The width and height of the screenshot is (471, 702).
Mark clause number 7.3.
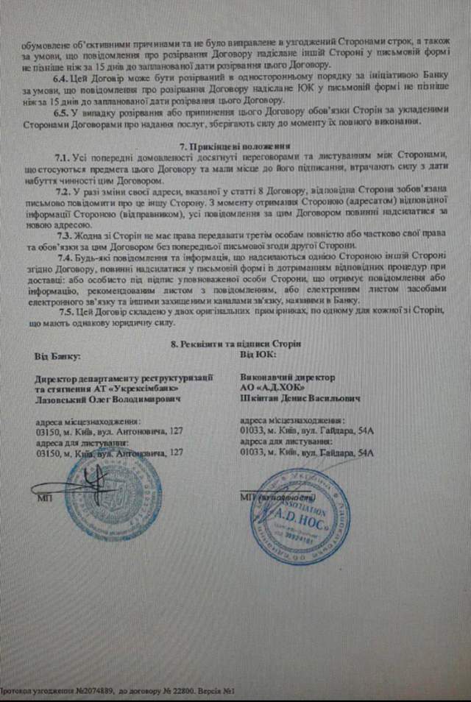(63, 235)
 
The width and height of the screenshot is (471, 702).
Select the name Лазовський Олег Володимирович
(107, 398)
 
